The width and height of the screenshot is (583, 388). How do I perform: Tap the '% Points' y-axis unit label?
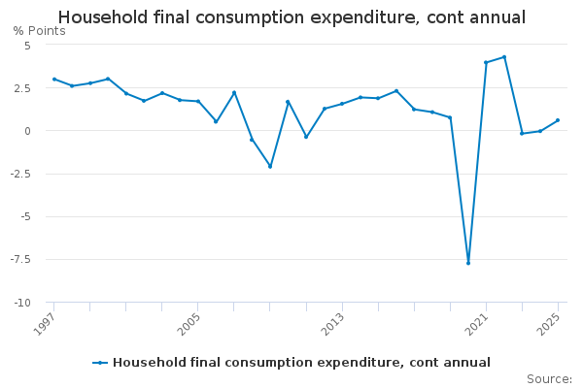40,31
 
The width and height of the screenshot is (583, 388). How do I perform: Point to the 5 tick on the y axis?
27,46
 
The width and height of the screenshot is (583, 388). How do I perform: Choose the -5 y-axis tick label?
25,216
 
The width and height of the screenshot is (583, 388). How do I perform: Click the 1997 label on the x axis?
45,322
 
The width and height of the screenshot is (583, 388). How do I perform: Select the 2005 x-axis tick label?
189,322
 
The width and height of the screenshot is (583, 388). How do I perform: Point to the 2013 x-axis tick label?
332,322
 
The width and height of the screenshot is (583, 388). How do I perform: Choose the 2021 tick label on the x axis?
476,322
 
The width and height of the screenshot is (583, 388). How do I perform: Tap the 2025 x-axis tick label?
548,322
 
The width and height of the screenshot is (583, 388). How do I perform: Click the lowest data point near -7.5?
468,263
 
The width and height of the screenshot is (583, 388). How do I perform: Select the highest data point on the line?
504,57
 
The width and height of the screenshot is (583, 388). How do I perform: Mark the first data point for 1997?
54,80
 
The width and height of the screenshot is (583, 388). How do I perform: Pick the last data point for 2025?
558,120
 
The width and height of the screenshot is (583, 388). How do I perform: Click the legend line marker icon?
100,363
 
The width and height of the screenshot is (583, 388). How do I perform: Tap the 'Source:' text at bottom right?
549,379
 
